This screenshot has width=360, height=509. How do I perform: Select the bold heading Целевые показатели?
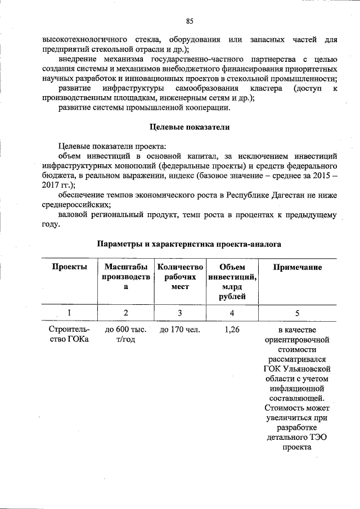coord(190,127)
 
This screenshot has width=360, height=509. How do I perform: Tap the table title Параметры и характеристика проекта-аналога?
coord(189,244)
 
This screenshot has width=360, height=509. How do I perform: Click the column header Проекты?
coord(69,267)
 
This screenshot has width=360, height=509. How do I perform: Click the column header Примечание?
coord(297,267)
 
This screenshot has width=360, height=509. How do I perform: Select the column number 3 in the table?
coord(179,313)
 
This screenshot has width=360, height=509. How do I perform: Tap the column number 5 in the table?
coord(297,313)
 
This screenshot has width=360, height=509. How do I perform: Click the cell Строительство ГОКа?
coord(69,335)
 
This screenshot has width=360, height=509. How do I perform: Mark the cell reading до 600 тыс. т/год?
coord(125,335)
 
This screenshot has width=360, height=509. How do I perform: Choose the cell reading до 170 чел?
coord(179,330)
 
